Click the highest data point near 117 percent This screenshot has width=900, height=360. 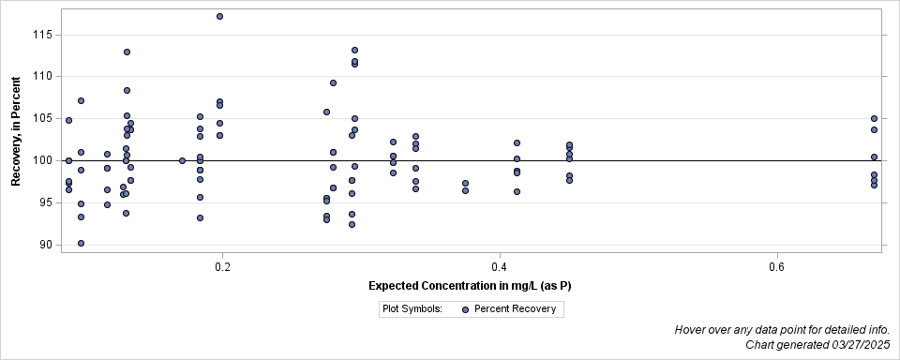pyautogui.click(x=219, y=16)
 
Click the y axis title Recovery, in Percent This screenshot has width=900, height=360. pyautogui.click(x=16, y=132)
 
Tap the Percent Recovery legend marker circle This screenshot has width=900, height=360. pyautogui.click(x=466, y=308)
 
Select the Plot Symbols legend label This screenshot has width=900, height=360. pyautogui.click(x=412, y=308)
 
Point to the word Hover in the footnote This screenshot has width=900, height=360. pyautogui.click(x=692, y=330)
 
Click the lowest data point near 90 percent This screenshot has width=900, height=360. pyautogui.click(x=81, y=243)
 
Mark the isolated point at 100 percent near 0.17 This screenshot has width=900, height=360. pyautogui.click(x=182, y=160)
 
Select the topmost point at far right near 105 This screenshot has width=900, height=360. pyautogui.click(x=874, y=118)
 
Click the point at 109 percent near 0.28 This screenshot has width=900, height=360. pyautogui.click(x=333, y=82)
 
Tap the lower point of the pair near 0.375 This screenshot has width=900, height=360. pyautogui.click(x=465, y=190)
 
